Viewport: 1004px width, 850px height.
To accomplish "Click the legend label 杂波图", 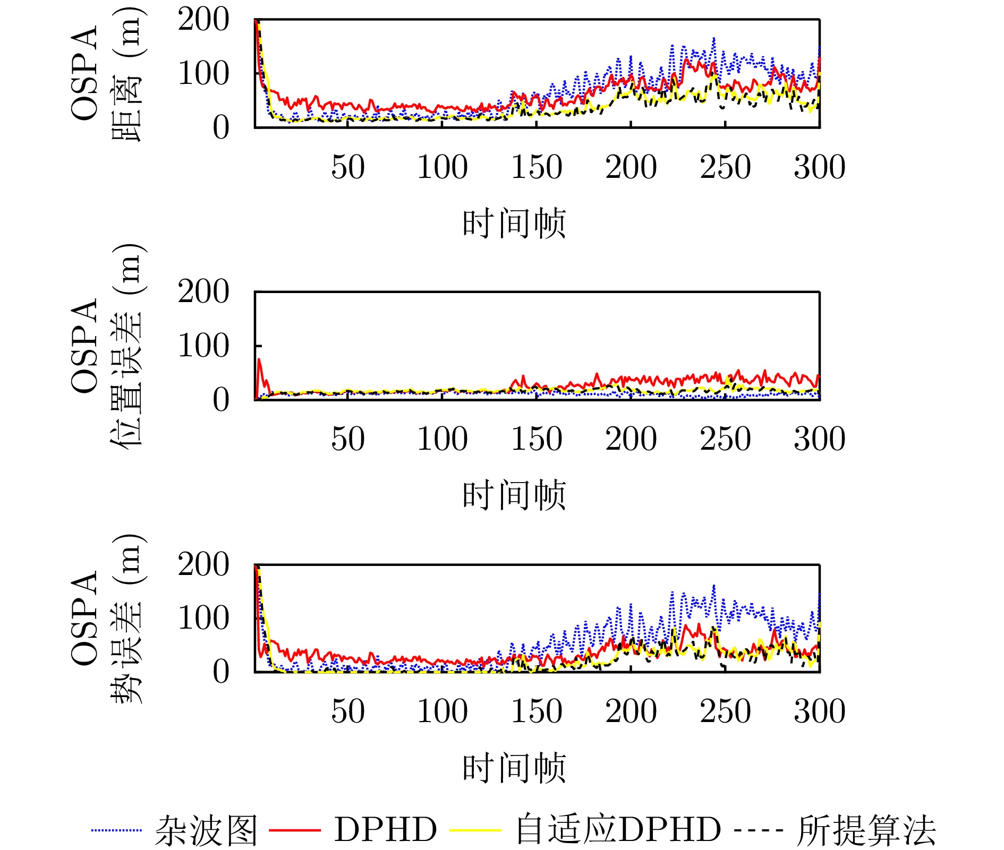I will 206,830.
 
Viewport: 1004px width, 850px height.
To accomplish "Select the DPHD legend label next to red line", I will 385,830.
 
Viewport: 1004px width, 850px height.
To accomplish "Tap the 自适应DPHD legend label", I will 618,830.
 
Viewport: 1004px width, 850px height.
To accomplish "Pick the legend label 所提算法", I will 866,830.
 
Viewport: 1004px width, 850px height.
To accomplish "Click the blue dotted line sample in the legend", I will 116,830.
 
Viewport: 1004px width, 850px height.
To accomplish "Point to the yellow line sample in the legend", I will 475,830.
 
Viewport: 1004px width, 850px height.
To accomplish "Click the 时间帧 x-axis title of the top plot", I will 514,223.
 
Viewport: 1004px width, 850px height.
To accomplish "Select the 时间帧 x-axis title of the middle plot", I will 514,495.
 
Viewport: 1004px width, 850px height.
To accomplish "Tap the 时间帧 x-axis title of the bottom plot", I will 514,768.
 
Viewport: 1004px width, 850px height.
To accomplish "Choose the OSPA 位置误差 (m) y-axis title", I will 106,346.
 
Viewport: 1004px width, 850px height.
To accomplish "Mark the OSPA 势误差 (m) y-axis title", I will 106,619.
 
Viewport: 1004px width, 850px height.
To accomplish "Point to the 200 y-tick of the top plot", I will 203,20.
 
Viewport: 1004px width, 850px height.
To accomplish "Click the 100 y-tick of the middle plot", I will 203,346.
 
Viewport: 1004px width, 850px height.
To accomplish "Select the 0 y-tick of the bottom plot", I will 220,672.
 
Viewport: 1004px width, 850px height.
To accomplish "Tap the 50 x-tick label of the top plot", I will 348,167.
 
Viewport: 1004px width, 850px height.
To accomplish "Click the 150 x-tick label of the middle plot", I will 537,439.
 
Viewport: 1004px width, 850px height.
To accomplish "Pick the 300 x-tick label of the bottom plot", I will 819,711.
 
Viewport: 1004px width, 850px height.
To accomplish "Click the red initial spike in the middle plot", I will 259,361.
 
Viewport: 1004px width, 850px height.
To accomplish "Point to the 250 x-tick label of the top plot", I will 725,167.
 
